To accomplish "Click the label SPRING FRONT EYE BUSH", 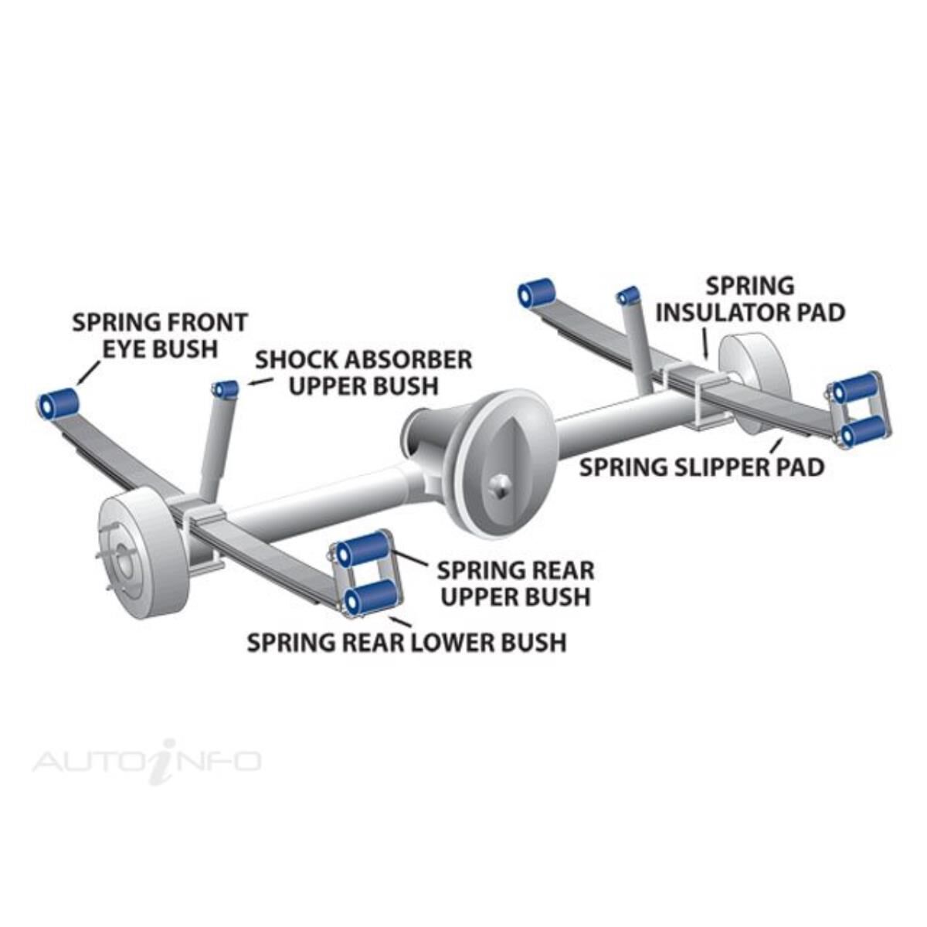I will point(160,334).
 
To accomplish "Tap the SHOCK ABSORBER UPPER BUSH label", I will point(363,372).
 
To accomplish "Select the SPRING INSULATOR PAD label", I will point(749,299).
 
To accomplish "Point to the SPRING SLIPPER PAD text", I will point(701,467).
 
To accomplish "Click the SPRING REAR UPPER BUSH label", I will point(515,583).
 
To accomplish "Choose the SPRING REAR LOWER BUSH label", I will point(406,642).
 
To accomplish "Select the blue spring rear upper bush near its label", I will point(363,549).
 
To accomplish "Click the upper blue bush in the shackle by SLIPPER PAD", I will point(855,389).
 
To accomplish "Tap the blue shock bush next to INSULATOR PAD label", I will point(628,295).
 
